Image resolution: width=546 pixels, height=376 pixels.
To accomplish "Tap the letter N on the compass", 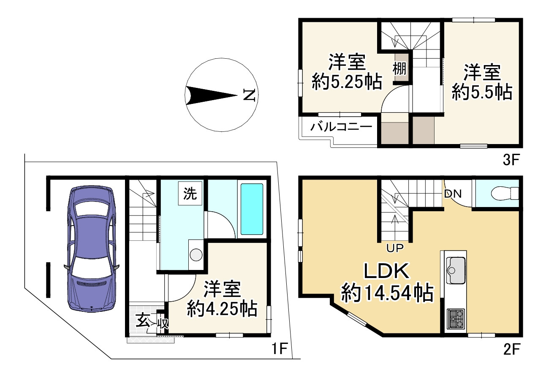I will pyautogui.click(x=249, y=95).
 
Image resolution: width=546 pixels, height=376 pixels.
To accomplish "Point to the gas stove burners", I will pyautogui.click(x=455, y=319).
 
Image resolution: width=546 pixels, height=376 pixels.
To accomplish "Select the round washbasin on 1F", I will pyautogui.click(x=196, y=255).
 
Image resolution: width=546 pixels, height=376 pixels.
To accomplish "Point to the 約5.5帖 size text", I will pyautogui.click(x=482, y=92).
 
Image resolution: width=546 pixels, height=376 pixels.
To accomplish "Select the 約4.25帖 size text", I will pyautogui.click(x=222, y=310).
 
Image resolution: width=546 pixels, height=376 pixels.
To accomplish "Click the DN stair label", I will pyautogui.click(x=452, y=194).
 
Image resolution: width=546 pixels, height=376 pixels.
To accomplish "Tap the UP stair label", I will pyautogui.click(x=396, y=248).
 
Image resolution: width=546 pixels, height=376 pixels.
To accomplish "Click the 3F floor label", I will pyautogui.click(x=511, y=160).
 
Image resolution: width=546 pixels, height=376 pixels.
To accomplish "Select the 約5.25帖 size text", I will pyautogui.click(x=347, y=82).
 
